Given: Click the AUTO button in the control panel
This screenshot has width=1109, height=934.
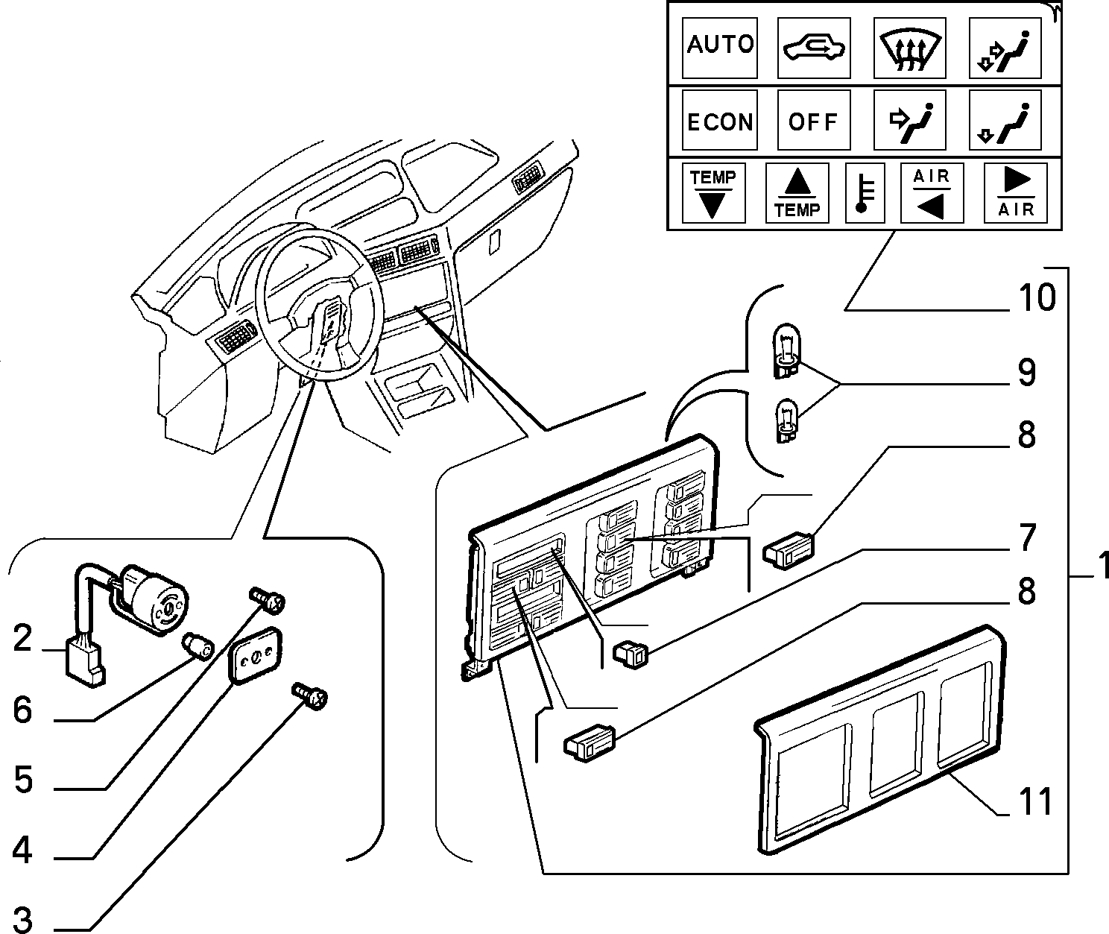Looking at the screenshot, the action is click(720, 48).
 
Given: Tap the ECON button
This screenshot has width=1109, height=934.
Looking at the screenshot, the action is click(720, 120).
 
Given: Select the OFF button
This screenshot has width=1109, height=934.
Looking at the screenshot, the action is click(814, 120).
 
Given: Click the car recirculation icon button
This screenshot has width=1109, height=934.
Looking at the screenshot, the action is click(814, 48).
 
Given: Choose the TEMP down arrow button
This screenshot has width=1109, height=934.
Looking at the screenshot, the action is click(713, 193).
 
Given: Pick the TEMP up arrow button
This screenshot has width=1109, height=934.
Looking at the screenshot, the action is click(797, 193).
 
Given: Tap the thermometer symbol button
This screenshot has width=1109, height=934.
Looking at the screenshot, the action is click(865, 193).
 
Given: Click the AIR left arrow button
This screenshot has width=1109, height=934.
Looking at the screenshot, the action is click(932, 193).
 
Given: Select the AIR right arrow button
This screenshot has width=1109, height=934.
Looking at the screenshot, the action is click(1016, 193).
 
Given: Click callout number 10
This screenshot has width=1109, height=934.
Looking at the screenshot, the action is click(1037, 297).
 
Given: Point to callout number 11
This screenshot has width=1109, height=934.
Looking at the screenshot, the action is click(1035, 802).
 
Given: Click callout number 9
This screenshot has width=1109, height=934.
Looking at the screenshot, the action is click(1027, 373).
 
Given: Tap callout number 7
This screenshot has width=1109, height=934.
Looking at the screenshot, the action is click(1028, 537).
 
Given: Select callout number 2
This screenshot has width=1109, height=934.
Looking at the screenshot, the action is click(22, 638).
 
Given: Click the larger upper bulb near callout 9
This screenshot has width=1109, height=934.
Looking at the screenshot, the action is click(786, 350).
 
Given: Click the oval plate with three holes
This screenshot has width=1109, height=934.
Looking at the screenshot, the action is click(255, 655).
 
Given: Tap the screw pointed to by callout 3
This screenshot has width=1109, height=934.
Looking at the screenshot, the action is click(309, 695).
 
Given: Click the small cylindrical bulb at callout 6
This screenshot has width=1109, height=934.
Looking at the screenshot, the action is click(198, 646).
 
